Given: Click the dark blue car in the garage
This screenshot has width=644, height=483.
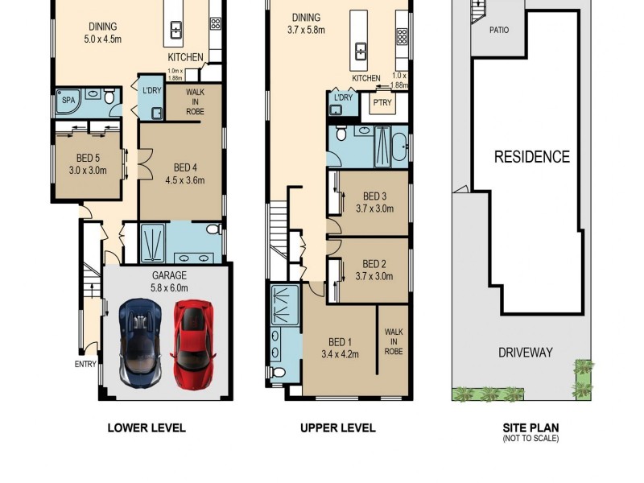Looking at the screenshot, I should point(141,341).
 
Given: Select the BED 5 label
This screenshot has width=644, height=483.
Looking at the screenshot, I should point(88,159).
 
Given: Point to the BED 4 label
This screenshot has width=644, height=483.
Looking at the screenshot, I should point(185,168).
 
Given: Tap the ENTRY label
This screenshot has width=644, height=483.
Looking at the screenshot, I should point(85,364).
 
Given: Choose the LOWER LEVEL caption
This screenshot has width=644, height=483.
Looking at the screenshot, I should point(147,428).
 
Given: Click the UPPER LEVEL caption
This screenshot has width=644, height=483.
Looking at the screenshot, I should point(337,428).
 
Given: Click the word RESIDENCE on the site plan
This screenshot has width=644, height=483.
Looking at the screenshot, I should point(531,157).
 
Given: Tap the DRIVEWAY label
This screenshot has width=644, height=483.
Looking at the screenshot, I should point(525,353).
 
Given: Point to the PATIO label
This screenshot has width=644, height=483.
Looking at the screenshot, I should point(499,31).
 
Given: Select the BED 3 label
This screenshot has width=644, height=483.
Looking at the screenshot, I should point(375,196).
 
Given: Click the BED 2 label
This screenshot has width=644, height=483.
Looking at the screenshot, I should point(375,264).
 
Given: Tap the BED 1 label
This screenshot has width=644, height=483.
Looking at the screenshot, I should point(338,341).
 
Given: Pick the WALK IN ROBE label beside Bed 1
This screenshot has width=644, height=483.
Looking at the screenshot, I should point(394,341).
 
